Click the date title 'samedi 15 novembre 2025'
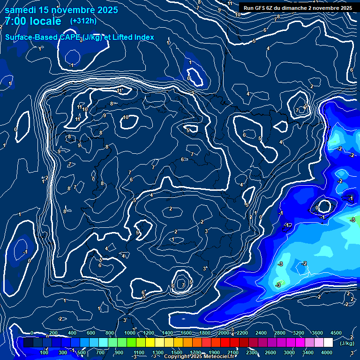pos(61,10)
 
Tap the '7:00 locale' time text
pos(32,21)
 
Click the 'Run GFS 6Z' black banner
pos(298,8)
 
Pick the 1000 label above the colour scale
pos(129,333)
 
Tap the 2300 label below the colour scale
pos(251,352)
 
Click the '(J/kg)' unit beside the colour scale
pos(347,343)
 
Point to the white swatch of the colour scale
pos(328,343)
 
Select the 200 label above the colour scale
pos(53,333)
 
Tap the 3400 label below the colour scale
pos(308,352)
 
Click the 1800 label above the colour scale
pos(205,333)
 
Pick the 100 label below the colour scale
pos(45,352)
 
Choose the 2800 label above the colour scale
pos(280,333)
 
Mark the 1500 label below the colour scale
pos(177,352)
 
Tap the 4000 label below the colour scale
pos(327,352)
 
